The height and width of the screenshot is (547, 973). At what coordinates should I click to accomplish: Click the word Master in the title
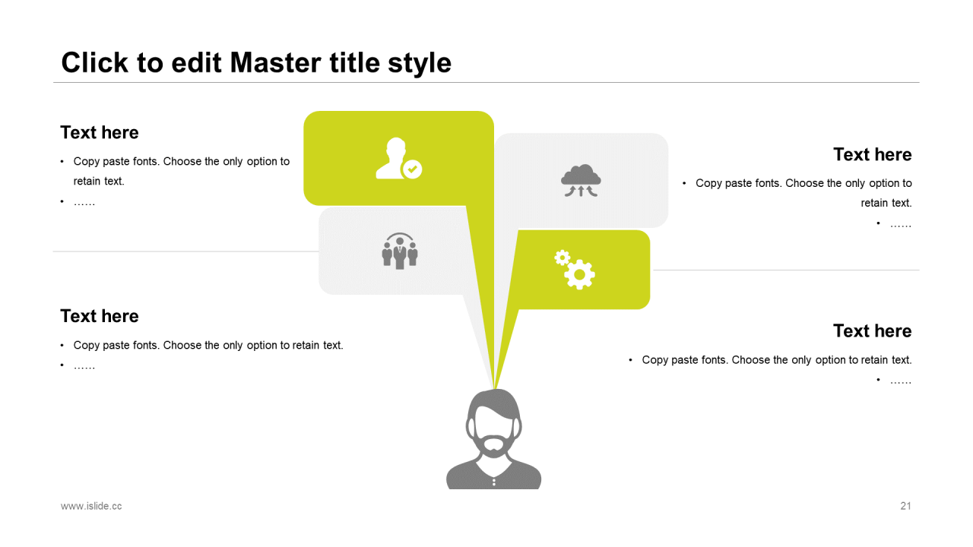click(276, 63)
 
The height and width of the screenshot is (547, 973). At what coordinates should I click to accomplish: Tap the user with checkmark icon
click(399, 158)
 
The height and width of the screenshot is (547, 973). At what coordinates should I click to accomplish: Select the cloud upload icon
click(581, 181)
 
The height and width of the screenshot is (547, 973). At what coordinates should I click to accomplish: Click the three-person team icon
click(400, 251)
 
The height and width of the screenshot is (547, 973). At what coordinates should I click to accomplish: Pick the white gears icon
click(575, 270)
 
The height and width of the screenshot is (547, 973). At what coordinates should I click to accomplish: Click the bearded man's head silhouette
click(494, 439)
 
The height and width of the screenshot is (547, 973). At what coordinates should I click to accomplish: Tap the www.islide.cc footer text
click(91, 506)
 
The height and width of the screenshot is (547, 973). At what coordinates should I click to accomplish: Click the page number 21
click(905, 506)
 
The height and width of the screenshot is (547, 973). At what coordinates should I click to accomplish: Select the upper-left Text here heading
click(100, 132)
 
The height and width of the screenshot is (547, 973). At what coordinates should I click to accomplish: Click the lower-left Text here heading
click(100, 316)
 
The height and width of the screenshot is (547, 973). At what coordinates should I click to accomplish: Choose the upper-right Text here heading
click(872, 154)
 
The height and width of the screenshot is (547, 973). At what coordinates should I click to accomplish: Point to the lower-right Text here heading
click(872, 330)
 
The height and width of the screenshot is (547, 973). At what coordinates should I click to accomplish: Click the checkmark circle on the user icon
click(412, 169)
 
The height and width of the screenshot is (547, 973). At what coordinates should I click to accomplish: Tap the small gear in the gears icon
click(562, 258)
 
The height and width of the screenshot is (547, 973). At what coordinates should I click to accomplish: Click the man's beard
click(494, 446)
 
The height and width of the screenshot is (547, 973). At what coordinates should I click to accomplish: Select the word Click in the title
click(95, 63)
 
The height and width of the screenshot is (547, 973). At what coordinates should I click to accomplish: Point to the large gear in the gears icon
click(579, 274)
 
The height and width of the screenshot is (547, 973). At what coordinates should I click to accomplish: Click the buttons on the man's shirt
click(494, 482)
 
